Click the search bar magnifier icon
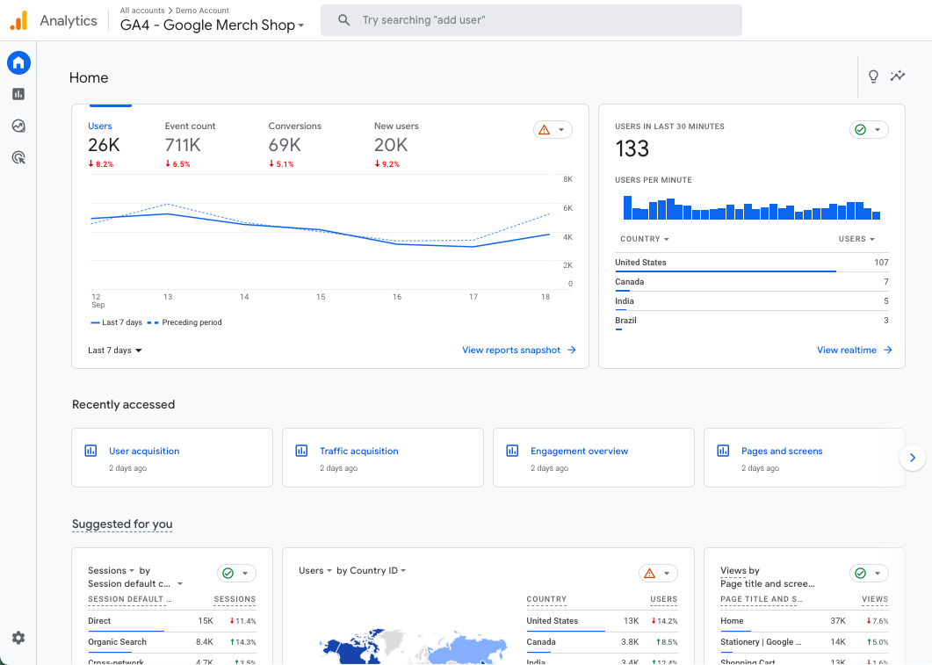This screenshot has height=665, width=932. coord(343,19)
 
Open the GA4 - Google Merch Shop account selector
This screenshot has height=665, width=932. coord(212,25)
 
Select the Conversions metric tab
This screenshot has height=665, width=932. coord(295,126)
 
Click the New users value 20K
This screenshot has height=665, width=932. coord(391,145)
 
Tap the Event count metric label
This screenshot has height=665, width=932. coord(190,126)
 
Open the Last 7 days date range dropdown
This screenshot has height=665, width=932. coord(115,351)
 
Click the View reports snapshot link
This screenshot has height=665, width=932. coord(518,351)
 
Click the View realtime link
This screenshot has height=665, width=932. coord(854,351)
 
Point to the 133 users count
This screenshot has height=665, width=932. coord(632,148)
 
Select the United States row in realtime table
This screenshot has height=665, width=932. coord(641,263)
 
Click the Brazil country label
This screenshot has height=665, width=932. coord(626,321)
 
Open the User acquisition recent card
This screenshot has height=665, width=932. coord(144,452)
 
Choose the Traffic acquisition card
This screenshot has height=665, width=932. coord(359,452)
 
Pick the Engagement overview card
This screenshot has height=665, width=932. coord(580,452)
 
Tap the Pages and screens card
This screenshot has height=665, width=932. coord(782,452)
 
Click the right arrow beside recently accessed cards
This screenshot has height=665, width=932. coord(913,458)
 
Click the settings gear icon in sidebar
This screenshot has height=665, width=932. coord(18,638)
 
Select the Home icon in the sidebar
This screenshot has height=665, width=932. coord(18,62)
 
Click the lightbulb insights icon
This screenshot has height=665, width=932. coord(873,76)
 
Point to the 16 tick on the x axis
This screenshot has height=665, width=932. coord(397,297)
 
